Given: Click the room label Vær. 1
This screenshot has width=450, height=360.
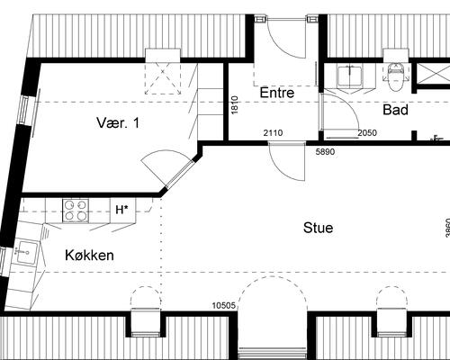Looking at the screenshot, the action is click(x=118, y=123).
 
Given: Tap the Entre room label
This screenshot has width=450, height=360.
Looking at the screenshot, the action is click(x=277, y=93).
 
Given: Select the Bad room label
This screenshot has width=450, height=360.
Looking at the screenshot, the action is click(x=395, y=110).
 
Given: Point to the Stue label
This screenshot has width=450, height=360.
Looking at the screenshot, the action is click(x=318, y=228).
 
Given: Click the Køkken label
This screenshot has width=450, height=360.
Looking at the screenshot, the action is click(x=89, y=256).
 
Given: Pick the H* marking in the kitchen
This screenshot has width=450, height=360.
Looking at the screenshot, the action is click(x=121, y=210).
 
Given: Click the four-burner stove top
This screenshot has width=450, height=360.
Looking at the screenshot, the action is click(x=76, y=211).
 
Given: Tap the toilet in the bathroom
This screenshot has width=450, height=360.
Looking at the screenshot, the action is click(x=395, y=77).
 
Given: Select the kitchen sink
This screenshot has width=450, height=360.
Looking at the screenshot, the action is click(x=27, y=252).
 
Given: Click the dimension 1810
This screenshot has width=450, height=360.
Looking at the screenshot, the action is click(x=235, y=104).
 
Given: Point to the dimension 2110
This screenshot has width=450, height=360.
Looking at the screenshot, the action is click(x=273, y=132).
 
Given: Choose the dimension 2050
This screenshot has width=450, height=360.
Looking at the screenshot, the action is click(x=367, y=132).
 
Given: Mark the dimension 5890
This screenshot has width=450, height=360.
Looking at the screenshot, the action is click(x=325, y=152).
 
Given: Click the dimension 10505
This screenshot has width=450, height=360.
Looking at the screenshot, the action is click(x=224, y=306).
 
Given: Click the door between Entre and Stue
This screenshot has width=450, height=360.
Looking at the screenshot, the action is click(x=287, y=161).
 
